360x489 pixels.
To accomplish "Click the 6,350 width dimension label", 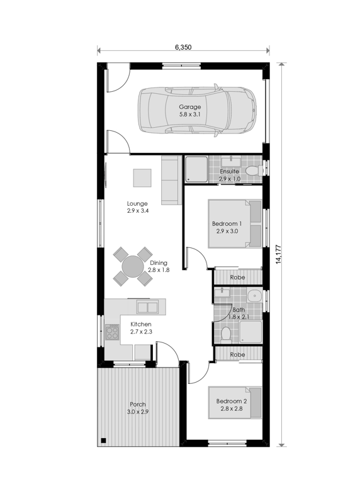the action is point(183,47).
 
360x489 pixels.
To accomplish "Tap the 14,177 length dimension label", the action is point(279,254).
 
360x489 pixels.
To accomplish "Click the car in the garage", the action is point(198,110).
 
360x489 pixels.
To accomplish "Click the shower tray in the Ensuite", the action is point(196,169).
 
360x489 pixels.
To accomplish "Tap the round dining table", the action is point(132,266).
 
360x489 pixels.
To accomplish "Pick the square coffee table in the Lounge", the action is point(142,177).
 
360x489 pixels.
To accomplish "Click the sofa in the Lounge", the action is point(171,180).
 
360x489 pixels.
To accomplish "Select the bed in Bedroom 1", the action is point(235,224).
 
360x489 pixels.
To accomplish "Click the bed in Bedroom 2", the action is point(235,403).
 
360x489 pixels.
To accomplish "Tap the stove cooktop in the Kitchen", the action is point(112,332).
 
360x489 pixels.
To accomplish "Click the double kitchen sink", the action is point(147,308).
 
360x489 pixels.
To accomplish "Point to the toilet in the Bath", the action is point(225,334).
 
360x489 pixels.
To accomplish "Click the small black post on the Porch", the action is point(104,441).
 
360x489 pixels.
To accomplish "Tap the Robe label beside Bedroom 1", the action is point(237,278).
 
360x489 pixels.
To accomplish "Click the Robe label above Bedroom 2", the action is point(237,354).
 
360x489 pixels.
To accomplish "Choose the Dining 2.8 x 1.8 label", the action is point(159,266).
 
